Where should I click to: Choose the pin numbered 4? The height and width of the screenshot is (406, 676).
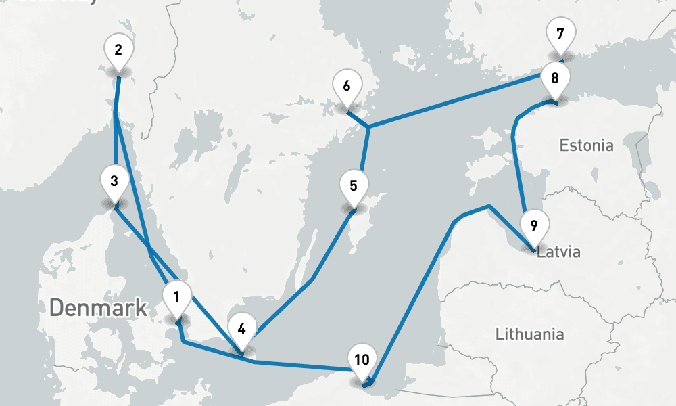pos(241,330)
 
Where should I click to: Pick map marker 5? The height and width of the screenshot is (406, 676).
pos(353,185)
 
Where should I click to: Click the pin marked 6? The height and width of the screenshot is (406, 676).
pos(347,87)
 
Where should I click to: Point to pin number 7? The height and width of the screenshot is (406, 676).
pos(560,34)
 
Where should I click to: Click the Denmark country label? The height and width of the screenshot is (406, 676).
pos(98,308)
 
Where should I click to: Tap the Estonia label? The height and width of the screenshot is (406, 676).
pos(587,145)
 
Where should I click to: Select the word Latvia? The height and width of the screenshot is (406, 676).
pos(558,253)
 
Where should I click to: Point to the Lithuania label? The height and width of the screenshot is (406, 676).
pos(529,334)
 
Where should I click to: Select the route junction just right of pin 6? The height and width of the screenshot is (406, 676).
pos(368,127)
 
